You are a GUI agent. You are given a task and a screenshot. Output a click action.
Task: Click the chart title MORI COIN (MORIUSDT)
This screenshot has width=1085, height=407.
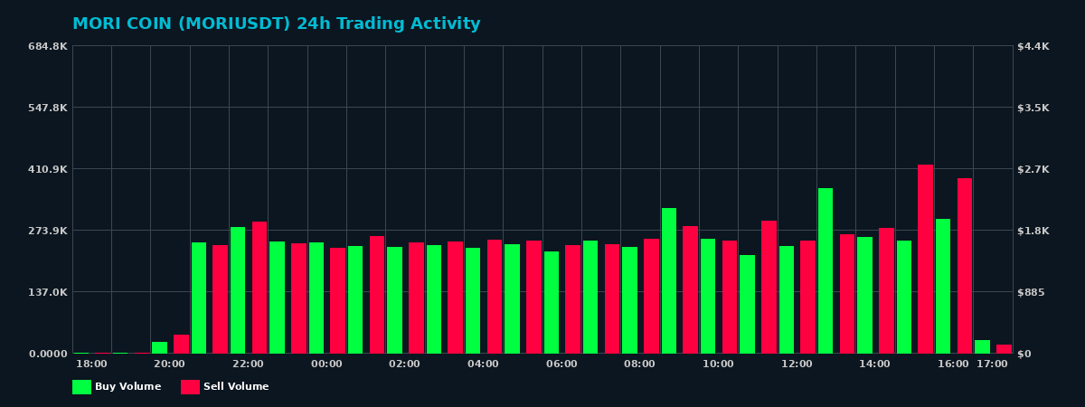point(276,24)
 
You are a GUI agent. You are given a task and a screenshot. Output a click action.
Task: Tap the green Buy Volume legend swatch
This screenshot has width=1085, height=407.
point(81,387)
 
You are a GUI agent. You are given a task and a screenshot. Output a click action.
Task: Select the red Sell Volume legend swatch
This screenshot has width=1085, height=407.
point(190,387)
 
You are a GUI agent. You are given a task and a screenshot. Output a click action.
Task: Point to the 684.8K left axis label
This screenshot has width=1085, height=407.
point(47,46)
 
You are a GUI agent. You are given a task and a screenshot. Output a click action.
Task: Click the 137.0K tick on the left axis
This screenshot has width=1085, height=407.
point(47,292)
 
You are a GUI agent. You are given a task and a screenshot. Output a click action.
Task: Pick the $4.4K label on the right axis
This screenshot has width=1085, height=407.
point(1033,46)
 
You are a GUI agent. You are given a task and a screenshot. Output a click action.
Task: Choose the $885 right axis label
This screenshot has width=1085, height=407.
point(1032,292)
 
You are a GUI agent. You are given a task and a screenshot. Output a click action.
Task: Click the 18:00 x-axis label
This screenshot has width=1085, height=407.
point(91,364)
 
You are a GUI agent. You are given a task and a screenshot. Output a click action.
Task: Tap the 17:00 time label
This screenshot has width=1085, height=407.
point(992,364)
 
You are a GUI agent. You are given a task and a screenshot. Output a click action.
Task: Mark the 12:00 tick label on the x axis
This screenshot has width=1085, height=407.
point(797,364)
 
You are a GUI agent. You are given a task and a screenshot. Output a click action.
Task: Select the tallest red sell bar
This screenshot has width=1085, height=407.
point(925,259)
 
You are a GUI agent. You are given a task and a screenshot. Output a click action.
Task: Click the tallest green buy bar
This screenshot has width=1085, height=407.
point(826,270)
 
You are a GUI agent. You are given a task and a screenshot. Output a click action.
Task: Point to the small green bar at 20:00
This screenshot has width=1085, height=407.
point(160,347)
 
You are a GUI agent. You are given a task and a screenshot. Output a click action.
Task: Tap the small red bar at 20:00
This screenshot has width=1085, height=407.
point(181,344)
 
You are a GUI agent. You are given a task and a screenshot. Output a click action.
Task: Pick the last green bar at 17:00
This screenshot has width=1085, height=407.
point(982,346)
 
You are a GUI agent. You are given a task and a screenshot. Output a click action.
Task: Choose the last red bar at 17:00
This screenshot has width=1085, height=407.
point(1004,348)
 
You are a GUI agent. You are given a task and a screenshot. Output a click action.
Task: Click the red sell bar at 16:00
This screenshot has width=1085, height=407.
point(965,265)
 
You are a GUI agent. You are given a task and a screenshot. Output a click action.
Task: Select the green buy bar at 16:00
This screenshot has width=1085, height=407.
point(943,286)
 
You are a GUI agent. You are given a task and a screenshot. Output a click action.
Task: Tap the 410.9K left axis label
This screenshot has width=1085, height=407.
point(47,169)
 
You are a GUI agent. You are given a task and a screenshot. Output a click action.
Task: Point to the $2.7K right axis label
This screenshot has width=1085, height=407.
point(1033,169)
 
